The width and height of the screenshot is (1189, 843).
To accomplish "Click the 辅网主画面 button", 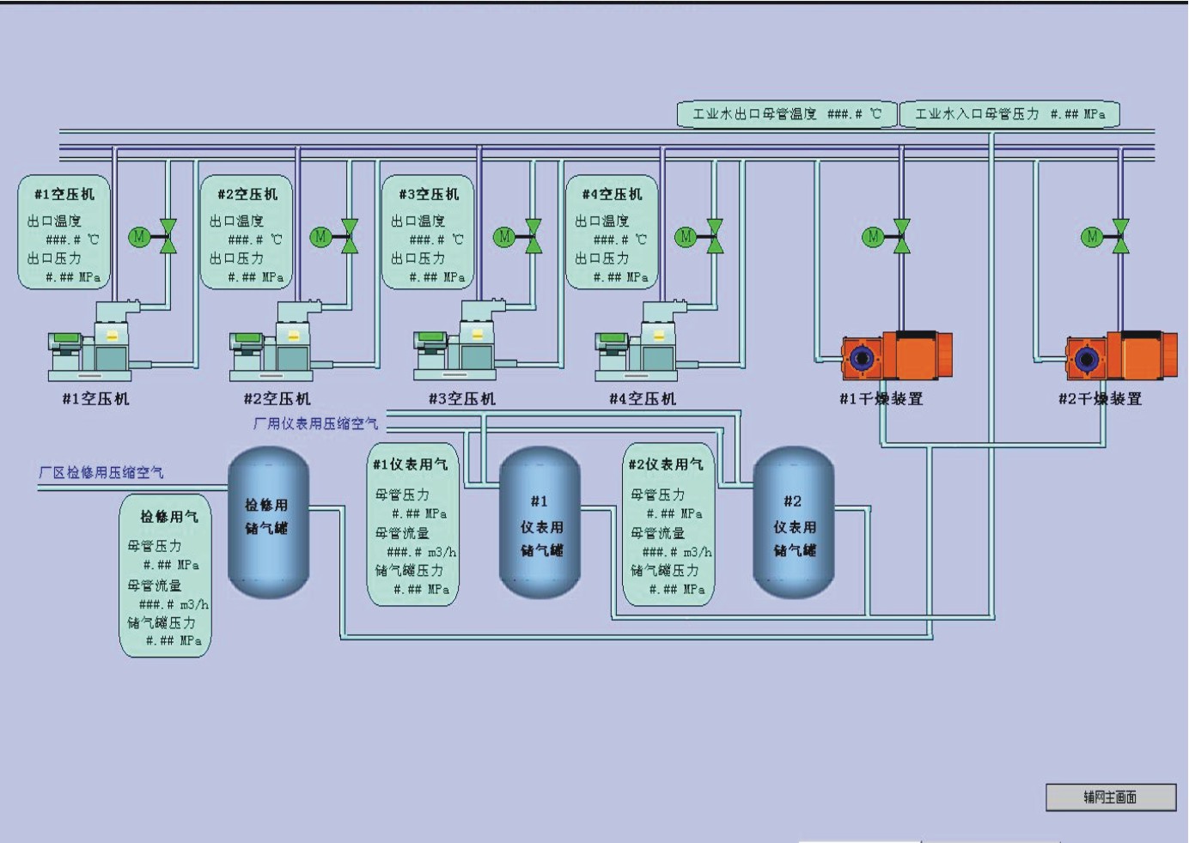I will coord(1110,798).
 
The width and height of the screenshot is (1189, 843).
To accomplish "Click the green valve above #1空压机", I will coord(168,236).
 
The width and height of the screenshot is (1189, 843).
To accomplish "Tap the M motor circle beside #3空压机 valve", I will coord(503,236).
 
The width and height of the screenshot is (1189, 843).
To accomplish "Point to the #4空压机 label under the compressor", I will coord(643,398).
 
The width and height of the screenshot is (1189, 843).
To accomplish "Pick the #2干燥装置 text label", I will coord(1100,398).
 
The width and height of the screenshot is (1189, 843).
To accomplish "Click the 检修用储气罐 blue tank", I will coord(268,521).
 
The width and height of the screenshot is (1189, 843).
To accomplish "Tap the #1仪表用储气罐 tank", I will coord(540,524).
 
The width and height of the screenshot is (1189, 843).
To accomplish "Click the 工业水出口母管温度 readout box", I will coord(786,114).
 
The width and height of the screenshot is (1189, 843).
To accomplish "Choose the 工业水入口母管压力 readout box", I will coord(1009,114).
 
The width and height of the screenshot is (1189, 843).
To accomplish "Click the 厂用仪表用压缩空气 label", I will coord(315,423).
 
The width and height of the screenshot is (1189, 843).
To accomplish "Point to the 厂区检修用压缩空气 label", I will coord(101,472).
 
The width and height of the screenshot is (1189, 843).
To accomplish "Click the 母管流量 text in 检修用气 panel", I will coord(155,585).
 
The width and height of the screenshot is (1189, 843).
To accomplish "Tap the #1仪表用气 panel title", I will coord(410,464).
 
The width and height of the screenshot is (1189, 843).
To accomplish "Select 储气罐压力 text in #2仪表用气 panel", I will coord(664,571).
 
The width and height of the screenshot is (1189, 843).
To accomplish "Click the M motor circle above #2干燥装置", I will coord(1091,236).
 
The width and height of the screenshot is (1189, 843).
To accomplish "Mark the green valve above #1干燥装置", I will coord(901,236).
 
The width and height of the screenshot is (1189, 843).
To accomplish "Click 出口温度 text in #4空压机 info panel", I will coord(601,221).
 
